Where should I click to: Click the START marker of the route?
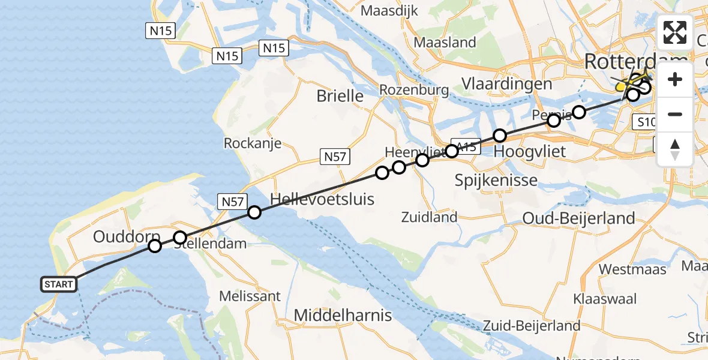[x=59, y=284]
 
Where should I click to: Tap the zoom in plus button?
[x=675, y=80]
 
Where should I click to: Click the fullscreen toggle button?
[x=675, y=32]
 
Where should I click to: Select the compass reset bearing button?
[x=675, y=149]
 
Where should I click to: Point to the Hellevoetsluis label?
[x=322, y=199]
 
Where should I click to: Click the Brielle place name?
[x=340, y=95]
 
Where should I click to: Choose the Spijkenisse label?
[x=496, y=179]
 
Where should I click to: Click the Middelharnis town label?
[x=343, y=315]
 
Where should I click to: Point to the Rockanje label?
[x=252, y=143]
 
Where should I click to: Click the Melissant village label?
[x=250, y=296]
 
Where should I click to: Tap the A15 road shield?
[x=466, y=146]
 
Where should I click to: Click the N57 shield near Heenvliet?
[x=334, y=157]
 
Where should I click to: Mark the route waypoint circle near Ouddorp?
[x=155, y=246]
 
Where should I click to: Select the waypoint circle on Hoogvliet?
[x=500, y=136]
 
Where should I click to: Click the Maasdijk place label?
[x=390, y=11]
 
